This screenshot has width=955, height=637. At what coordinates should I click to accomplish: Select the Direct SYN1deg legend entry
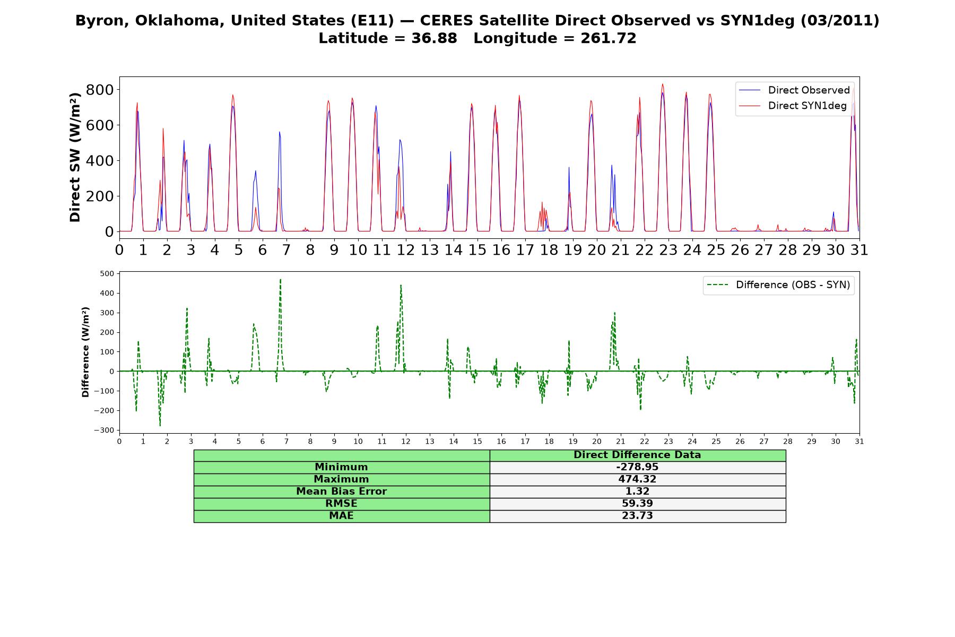[x=793, y=106]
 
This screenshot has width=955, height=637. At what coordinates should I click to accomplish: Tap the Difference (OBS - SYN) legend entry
[x=778, y=285]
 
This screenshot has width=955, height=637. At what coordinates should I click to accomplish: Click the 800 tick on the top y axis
[x=100, y=90]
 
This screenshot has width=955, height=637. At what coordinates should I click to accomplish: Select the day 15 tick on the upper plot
[x=477, y=250]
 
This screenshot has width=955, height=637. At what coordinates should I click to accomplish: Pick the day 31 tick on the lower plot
[x=859, y=442]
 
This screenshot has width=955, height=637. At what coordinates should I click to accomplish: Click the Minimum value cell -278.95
[x=637, y=467]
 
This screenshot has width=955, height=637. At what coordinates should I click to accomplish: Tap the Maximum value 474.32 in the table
[x=637, y=479]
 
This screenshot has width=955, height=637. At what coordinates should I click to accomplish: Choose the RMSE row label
[x=341, y=504]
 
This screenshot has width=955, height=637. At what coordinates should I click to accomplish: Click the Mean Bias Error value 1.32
[x=637, y=492]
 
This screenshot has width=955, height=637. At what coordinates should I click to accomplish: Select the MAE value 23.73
[x=637, y=516]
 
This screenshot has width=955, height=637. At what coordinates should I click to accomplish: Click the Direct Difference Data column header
[x=637, y=455]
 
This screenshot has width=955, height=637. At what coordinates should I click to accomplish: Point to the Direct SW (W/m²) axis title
[x=75, y=157]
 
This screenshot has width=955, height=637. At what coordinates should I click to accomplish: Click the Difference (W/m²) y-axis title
[x=85, y=352]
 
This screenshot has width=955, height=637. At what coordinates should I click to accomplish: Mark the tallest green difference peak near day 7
[x=280, y=279]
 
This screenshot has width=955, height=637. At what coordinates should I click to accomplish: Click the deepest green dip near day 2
[x=160, y=425]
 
